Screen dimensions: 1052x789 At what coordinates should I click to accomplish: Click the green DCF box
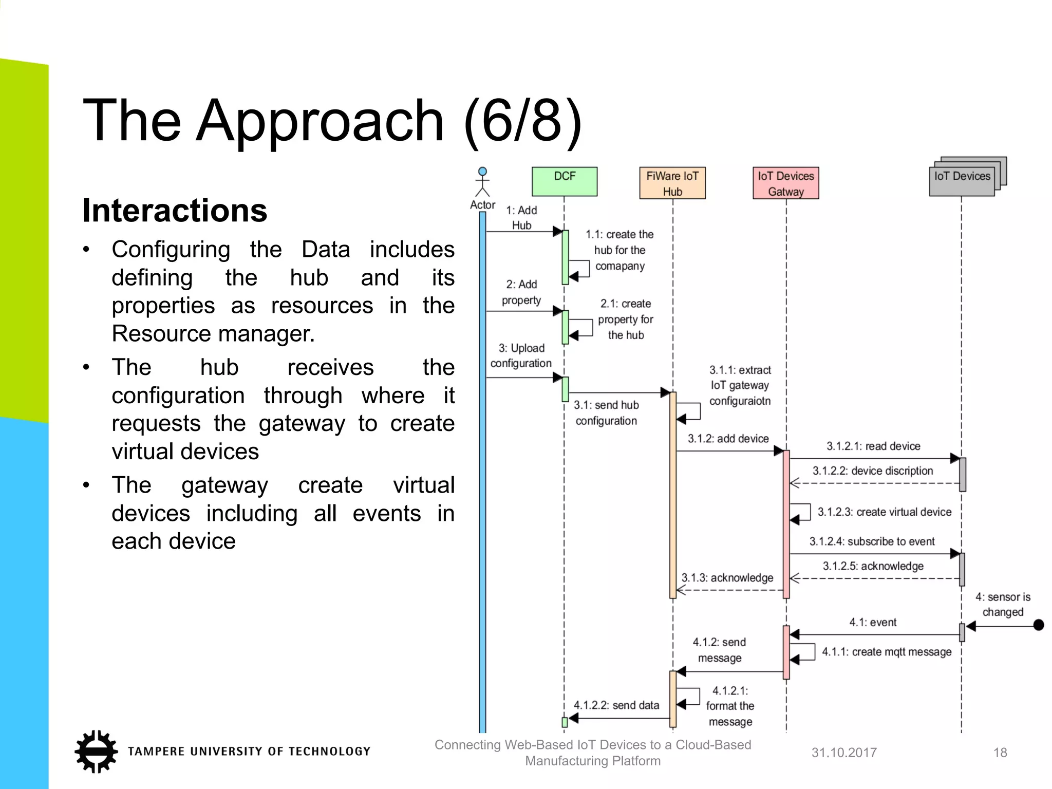(564, 181)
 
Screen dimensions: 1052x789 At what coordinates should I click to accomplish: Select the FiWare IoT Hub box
(672, 183)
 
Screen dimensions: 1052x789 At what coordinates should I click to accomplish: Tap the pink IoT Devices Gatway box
(785, 183)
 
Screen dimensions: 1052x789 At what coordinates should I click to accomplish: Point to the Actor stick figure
(482, 183)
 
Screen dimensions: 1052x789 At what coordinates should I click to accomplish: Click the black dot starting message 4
(1038, 625)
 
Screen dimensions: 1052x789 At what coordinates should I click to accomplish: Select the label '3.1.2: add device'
(728, 439)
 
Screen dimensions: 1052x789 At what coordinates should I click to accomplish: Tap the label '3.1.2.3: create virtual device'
(884, 512)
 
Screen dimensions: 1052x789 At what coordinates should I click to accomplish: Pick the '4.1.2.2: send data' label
(616, 705)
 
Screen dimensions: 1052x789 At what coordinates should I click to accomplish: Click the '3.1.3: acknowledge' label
(727, 578)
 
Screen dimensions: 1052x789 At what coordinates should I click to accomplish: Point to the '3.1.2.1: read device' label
(873, 446)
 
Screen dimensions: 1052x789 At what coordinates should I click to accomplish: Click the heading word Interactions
(175, 211)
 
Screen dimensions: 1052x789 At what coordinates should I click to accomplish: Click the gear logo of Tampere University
(96, 751)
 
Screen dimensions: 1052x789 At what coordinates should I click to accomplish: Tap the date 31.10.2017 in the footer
(843, 753)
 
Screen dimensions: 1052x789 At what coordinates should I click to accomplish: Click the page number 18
(1000, 753)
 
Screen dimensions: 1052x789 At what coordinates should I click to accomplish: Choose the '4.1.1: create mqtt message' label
(886, 652)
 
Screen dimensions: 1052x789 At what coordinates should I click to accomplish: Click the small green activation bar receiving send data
(565, 722)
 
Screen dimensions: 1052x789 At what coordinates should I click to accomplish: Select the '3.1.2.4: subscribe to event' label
(872, 541)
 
